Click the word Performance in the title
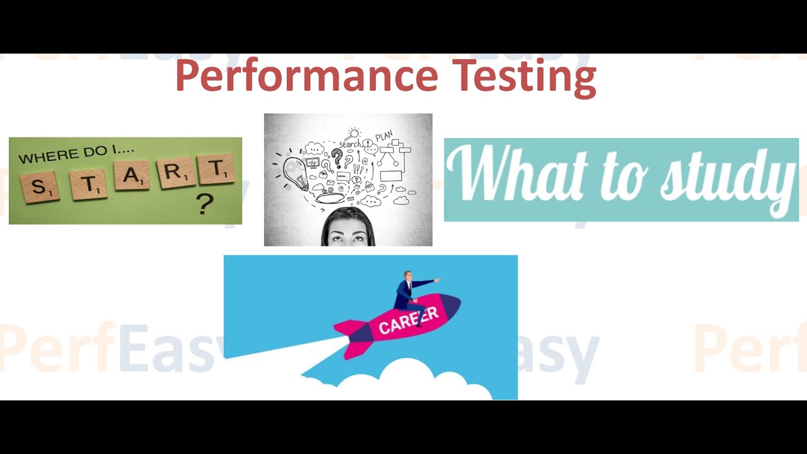coord(306,76)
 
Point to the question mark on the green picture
coord(203,204)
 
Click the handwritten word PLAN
coord(383,136)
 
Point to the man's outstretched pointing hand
coord(436,280)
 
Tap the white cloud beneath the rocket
coord(403,381)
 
